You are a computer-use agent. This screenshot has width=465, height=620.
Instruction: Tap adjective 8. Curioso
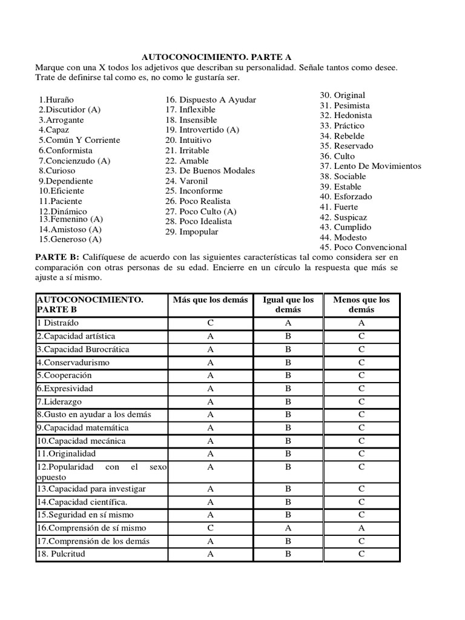(x=57, y=171)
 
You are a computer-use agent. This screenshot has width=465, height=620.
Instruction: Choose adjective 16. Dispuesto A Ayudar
(x=211, y=99)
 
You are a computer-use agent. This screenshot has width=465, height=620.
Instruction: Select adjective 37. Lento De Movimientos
(x=370, y=166)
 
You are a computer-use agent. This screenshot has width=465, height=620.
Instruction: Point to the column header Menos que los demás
(x=361, y=305)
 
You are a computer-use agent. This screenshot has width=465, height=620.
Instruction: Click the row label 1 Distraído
(x=58, y=323)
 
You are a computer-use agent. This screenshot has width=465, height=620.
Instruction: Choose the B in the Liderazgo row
(x=289, y=401)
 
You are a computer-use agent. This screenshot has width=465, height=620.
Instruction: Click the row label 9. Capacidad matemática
(x=82, y=427)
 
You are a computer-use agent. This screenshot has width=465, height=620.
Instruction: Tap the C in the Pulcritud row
(x=361, y=553)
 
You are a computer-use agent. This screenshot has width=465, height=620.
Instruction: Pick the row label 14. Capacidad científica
(x=82, y=501)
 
